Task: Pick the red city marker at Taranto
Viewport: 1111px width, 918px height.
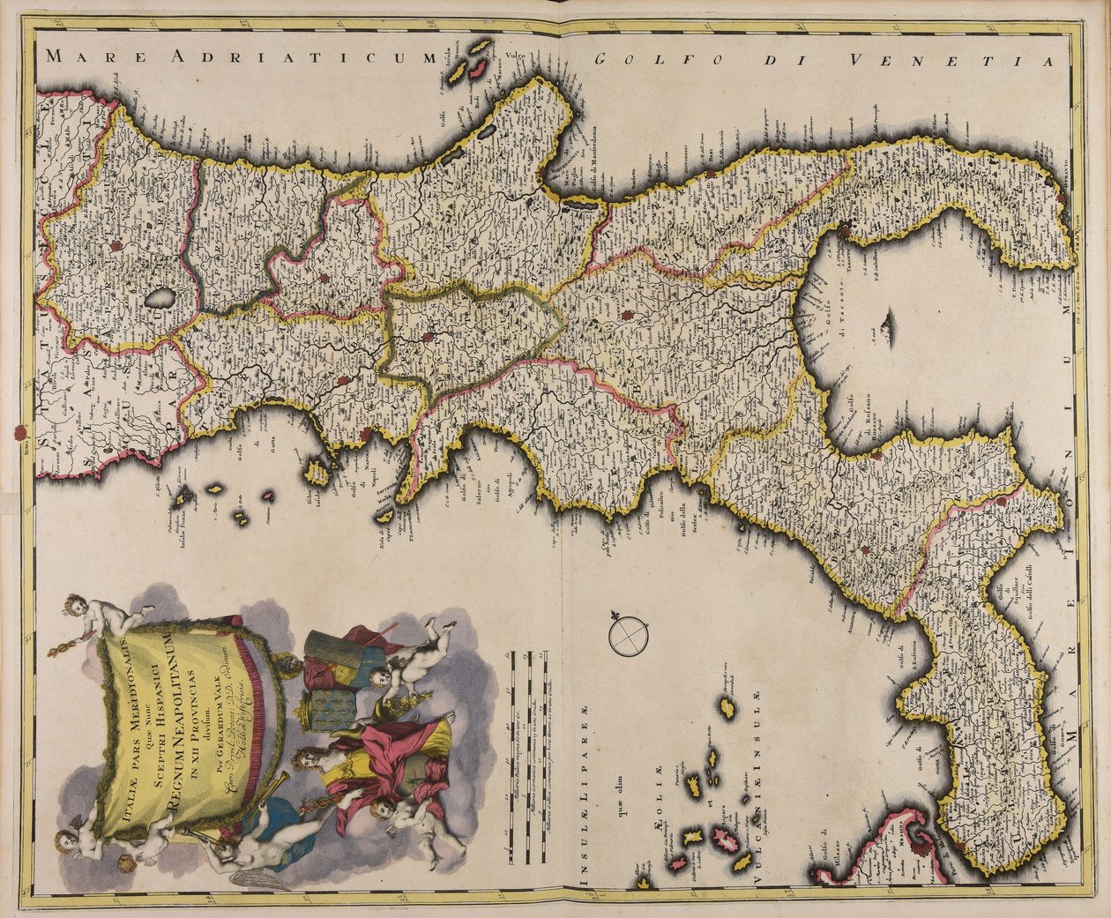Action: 847,232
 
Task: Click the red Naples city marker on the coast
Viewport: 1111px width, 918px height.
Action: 366,434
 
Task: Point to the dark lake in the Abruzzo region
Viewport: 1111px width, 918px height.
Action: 160,301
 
